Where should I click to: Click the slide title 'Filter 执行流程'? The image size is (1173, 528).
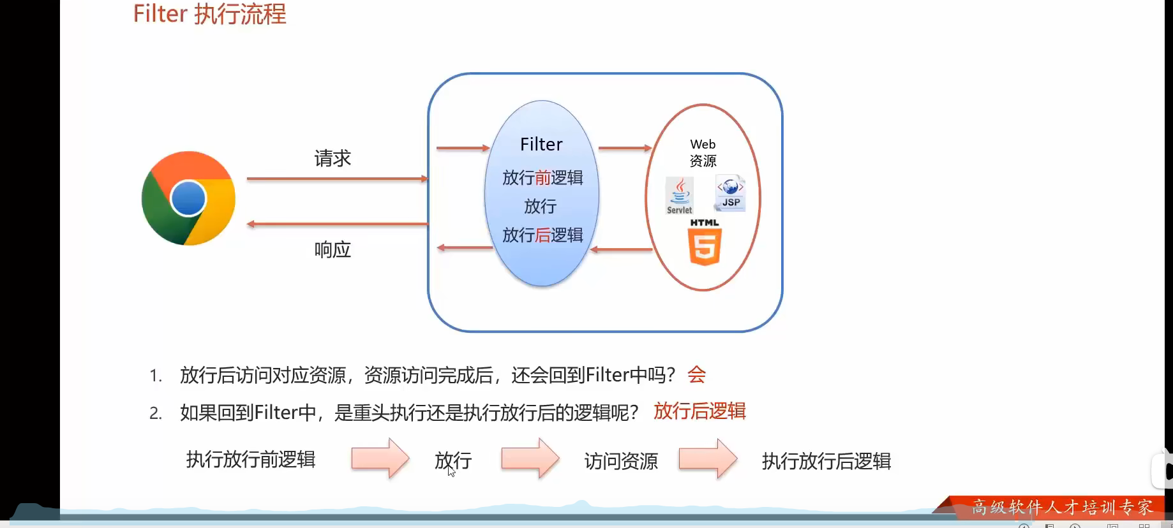pyautogui.click(x=209, y=14)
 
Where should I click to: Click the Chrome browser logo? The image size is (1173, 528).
pyautogui.click(x=188, y=198)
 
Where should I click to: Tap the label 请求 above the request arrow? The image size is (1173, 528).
pyautogui.click(x=332, y=158)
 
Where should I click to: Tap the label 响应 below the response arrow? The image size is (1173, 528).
pyautogui.click(x=332, y=249)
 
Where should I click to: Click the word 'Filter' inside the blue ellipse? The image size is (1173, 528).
pyautogui.click(x=541, y=144)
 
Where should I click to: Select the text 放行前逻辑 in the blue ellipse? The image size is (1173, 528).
pyautogui.click(x=542, y=177)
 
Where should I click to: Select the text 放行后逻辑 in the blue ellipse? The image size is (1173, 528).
pyautogui.click(x=542, y=235)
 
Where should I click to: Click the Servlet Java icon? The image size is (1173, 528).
pyautogui.click(x=679, y=195)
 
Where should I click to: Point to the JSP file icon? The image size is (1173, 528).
pyautogui.click(x=731, y=193)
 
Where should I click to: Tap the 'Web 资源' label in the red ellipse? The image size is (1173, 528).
pyautogui.click(x=703, y=152)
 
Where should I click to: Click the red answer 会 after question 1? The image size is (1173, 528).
pyautogui.click(x=696, y=374)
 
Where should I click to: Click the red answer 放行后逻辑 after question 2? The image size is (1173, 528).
pyautogui.click(x=699, y=411)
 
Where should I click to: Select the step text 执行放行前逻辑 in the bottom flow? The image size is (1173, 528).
pyautogui.click(x=251, y=459)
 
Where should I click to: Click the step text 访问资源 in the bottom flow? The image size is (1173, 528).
pyautogui.click(x=621, y=460)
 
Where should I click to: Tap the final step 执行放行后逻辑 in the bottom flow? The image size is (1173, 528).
pyautogui.click(x=826, y=460)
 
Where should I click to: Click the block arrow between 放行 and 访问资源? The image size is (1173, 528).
pyautogui.click(x=530, y=458)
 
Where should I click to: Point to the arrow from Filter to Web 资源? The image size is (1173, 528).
pyautogui.click(x=624, y=148)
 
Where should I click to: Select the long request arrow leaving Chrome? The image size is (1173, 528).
pyautogui.click(x=336, y=179)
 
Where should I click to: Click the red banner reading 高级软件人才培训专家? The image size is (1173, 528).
pyautogui.click(x=1061, y=507)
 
